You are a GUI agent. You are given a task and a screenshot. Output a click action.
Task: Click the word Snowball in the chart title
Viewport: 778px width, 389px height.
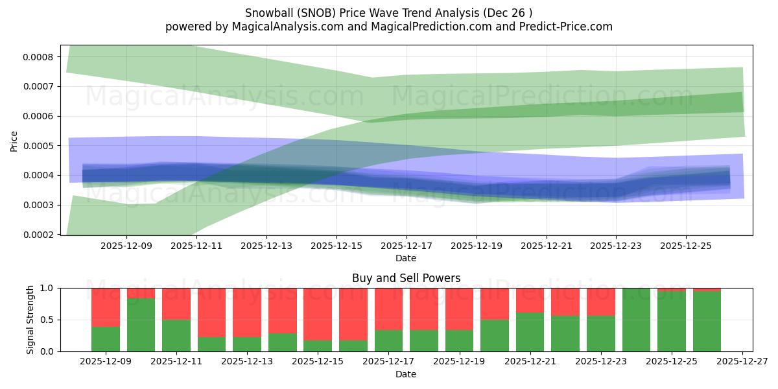pyautogui.click(x=268, y=13)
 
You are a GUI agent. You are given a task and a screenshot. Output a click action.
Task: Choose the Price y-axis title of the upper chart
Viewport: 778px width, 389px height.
pyautogui.click(x=14, y=140)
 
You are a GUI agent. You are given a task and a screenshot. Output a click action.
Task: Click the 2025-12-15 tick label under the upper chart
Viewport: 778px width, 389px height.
pyautogui.click(x=336, y=246)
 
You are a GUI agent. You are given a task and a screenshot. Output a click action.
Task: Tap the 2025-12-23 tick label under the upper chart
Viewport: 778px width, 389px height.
pyautogui.click(x=616, y=246)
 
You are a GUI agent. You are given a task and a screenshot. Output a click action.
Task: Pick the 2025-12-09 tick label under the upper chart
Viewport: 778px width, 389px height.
pyautogui.click(x=126, y=246)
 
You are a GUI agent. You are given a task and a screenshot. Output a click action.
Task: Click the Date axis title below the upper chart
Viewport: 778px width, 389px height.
pyautogui.click(x=406, y=258)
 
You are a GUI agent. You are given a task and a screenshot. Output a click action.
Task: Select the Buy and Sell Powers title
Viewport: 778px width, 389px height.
pyautogui.click(x=406, y=278)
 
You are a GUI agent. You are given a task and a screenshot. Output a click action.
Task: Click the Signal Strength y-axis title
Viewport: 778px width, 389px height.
pyautogui.click(x=30, y=320)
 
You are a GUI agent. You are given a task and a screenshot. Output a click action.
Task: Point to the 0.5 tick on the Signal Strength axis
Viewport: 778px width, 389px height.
pyautogui.click(x=47, y=320)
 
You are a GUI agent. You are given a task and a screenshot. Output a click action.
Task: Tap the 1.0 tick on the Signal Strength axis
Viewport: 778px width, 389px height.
pyautogui.click(x=47, y=288)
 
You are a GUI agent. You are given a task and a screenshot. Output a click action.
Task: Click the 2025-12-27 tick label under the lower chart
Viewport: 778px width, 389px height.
pyautogui.click(x=742, y=362)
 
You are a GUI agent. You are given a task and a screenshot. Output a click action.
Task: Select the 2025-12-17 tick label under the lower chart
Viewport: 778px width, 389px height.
pyautogui.click(x=388, y=362)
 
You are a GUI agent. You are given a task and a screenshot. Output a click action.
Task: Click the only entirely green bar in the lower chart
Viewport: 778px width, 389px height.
pyautogui.click(x=636, y=320)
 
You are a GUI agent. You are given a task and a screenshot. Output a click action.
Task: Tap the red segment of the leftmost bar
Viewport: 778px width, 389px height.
pyautogui.click(x=106, y=307)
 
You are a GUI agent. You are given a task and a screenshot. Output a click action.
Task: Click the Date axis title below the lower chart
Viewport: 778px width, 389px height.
pyautogui.click(x=406, y=374)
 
